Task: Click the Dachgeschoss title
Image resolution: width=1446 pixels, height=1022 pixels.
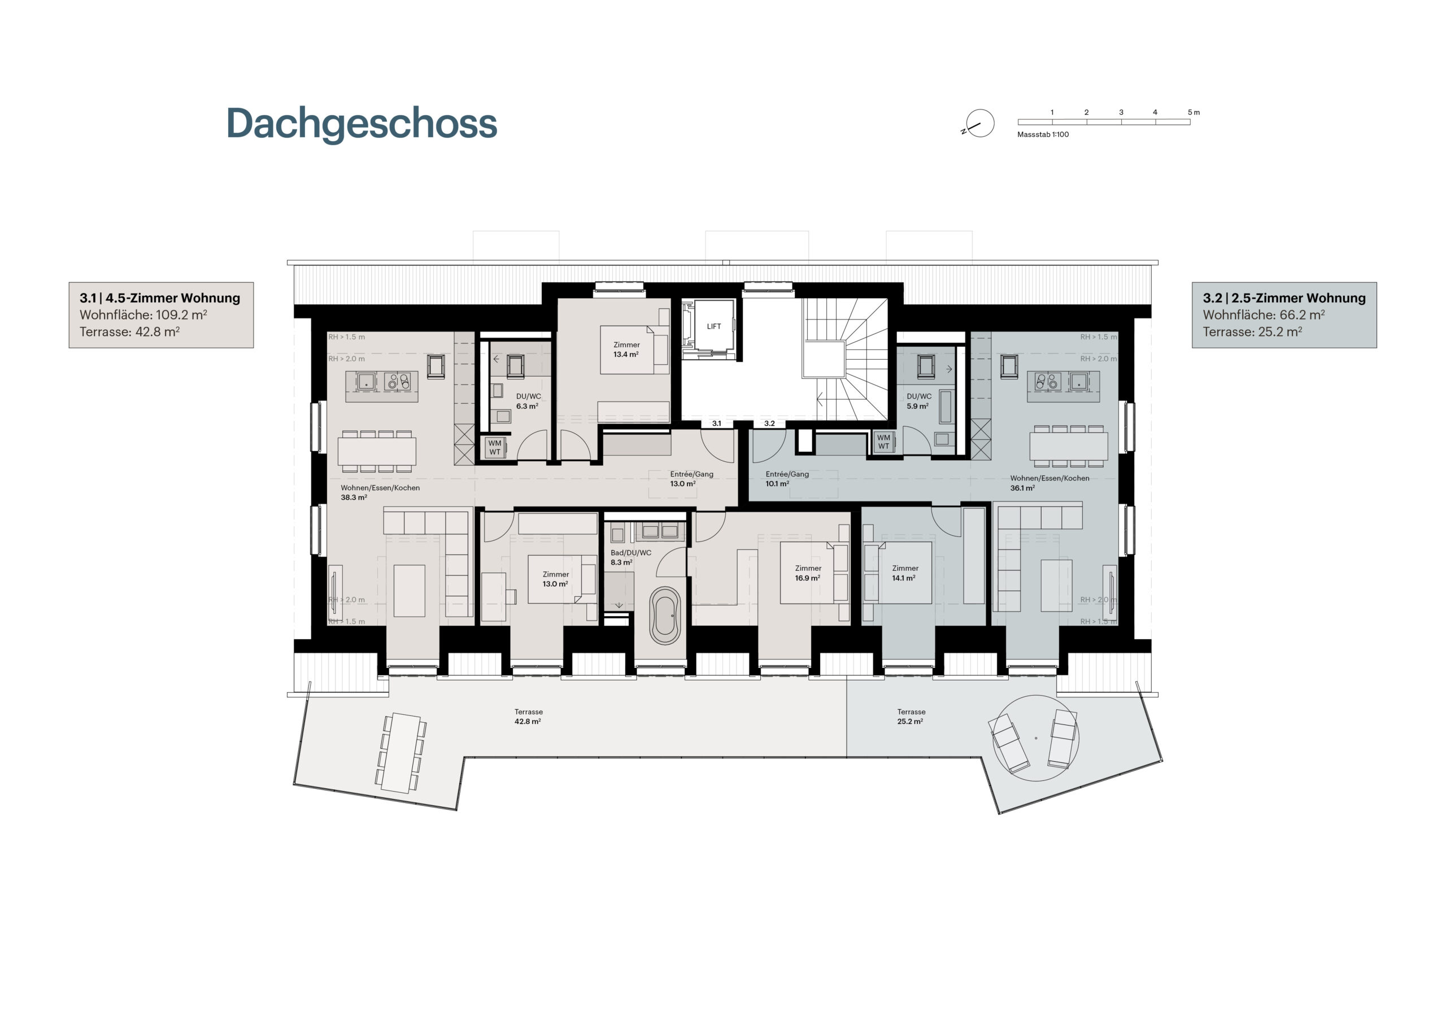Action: click(x=361, y=124)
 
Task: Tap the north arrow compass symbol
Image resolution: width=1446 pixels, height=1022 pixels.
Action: click(x=979, y=124)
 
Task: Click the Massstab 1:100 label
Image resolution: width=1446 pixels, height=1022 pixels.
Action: click(x=1043, y=134)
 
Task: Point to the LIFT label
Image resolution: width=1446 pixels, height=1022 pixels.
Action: click(x=713, y=326)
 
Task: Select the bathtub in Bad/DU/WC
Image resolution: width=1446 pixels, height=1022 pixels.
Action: click(x=665, y=616)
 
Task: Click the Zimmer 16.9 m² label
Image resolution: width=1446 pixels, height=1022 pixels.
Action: click(x=808, y=573)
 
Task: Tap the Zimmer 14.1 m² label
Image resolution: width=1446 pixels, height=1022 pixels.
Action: click(x=905, y=573)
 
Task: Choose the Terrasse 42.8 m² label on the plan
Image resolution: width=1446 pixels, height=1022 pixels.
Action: click(x=528, y=717)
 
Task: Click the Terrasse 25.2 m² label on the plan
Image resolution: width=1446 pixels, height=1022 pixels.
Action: click(x=911, y=717)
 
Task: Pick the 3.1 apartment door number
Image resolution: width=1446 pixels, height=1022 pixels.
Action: click(x=717, y=423)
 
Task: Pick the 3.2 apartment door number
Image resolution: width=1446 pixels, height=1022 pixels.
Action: click(x=770, y=423)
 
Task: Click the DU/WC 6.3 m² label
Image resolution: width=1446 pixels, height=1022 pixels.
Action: click(x=528, y=401)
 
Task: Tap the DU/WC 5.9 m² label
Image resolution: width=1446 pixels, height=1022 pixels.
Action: click(x=919, y=401)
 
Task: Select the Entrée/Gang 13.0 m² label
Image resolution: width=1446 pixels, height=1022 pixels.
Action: click(x=691, y=479)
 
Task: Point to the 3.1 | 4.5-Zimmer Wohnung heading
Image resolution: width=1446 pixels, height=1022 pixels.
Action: click(x=160, y=298)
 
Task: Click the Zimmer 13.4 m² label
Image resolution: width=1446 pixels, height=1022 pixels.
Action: click(x=626, y=350)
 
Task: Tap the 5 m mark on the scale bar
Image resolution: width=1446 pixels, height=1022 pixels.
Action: click(x=1194, y=112)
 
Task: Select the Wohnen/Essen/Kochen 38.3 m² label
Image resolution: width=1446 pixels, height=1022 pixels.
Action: click(x=380, y=492)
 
